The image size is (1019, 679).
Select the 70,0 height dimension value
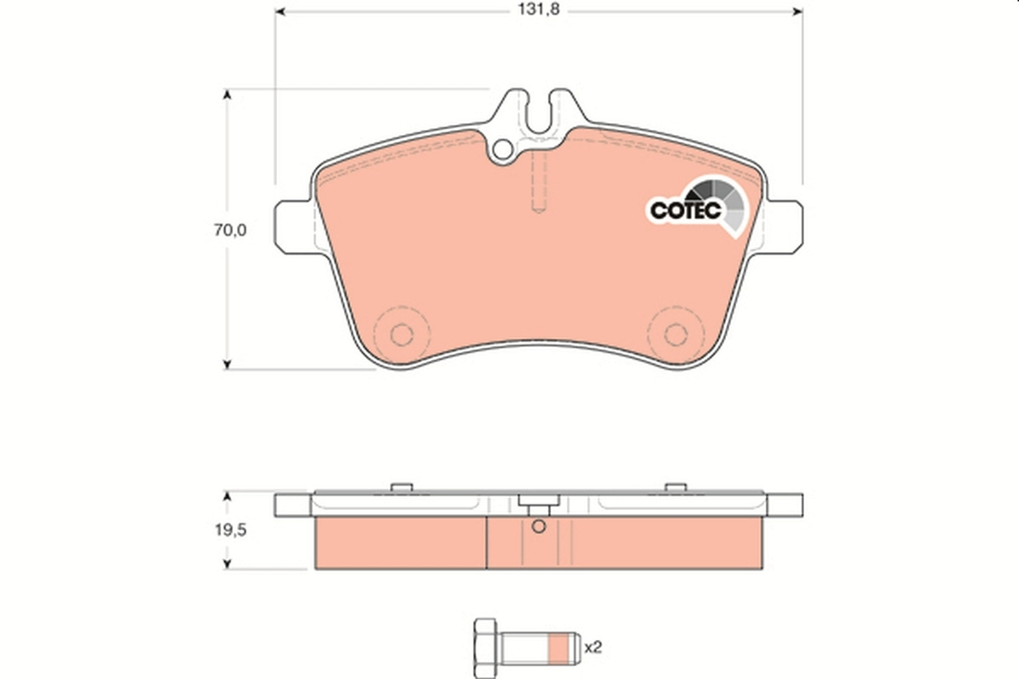tap(228, 229)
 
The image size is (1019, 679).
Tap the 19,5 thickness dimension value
tap(228, 529)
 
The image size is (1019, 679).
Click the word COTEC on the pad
tap(685, 209)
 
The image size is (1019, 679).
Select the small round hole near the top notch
tap(503, 151)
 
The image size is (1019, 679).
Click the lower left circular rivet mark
tap(401, 334)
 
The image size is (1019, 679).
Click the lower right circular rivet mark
tap(675, 334)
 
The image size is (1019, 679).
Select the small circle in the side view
tap(537, 527)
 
